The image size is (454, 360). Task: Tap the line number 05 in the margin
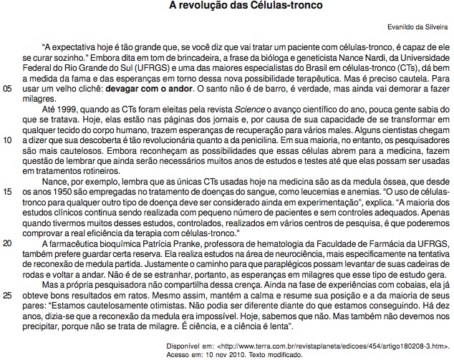coord(8,89)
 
